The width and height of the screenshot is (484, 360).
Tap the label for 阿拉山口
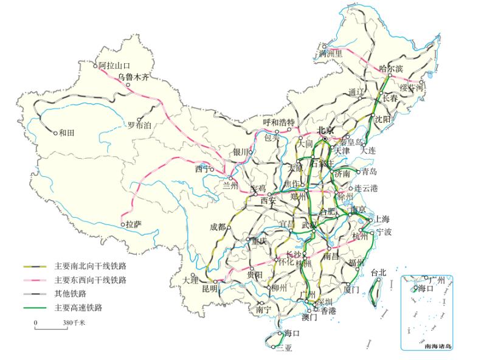[115, 65]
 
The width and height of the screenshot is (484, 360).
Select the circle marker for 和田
[55, 133]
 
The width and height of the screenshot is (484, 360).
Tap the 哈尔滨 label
[391, 69]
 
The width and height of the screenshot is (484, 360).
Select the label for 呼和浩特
[278, 122]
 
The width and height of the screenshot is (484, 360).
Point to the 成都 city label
[217, 227]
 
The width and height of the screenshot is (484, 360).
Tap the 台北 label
[378, 272]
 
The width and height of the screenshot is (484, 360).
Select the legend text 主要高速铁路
[78, 308]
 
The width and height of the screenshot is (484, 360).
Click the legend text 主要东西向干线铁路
[91, 280]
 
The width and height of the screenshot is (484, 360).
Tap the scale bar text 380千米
[74, 323]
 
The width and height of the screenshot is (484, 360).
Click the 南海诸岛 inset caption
[438, 346]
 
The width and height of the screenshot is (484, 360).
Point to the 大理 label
[190, 280]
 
